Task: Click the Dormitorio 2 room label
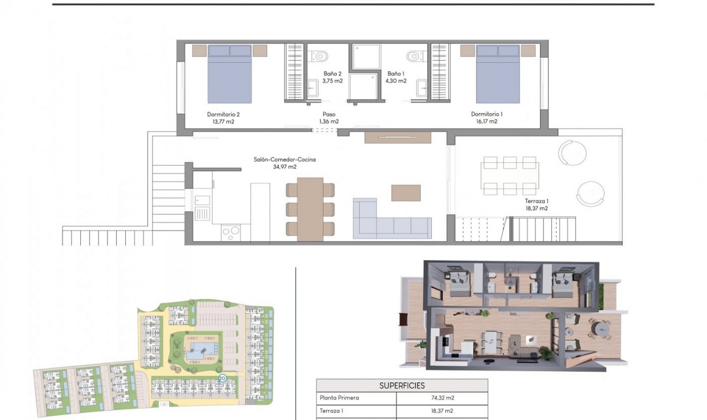pyautogui.click(x=223, y=115)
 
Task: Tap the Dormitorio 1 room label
pyautogui.click(x=486, y=114)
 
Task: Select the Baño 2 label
pyautogui.click(x=332, y=74)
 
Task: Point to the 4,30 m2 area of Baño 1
pyautogui.click(x=396, y=81)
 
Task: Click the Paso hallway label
pyautogui.click(x=329, y=115)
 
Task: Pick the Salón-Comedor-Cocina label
pyautogui.click(x=284, y=160)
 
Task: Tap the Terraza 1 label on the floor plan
pyautogui.click(x=537, y=201)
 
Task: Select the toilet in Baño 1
pyautogui.click(x=414, y=56)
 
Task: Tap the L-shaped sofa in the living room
pyautogui.click(x=390, y=221)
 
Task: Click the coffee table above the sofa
pyautogui.click(x=406, y=193)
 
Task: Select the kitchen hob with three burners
pyautogui.click(x=231, y=233)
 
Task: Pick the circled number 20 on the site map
pyautogui.click(x=222, y=378)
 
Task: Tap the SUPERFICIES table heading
pyautogui.click(x=402, y=386)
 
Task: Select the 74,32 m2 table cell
pyautogui.click(x=442, y=398)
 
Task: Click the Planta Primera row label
pyautogui.click(x=339, y=398)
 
